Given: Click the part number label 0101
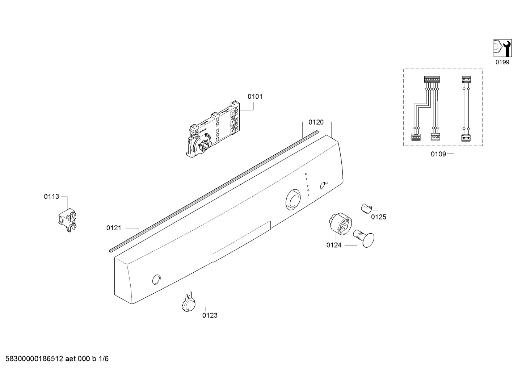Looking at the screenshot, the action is tap(255, 96).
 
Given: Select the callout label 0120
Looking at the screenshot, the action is tap(316, 122).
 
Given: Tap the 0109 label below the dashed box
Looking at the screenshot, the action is tap(438, 154).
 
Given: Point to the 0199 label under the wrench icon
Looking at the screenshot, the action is tap(502, 62).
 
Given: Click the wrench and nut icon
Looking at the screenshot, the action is tap(502, 48).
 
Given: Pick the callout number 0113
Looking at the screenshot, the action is tap(51, 197).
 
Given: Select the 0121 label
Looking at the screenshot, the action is tap(114, 228).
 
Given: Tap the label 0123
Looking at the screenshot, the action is tap(210, 315).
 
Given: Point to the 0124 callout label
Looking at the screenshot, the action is tap(334, 245).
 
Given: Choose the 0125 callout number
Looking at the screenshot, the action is tap(378, 217).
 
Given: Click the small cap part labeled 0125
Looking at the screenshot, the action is tap(366, 208).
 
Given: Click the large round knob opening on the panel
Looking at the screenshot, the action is tap(293, 200).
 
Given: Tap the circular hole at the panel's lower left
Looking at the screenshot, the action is tap(156, 280).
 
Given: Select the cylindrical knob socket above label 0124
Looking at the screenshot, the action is tap(340, 223).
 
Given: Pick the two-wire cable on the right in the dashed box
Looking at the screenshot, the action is tap(466, 109).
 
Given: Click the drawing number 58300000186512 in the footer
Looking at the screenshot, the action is tap(34, 359).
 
